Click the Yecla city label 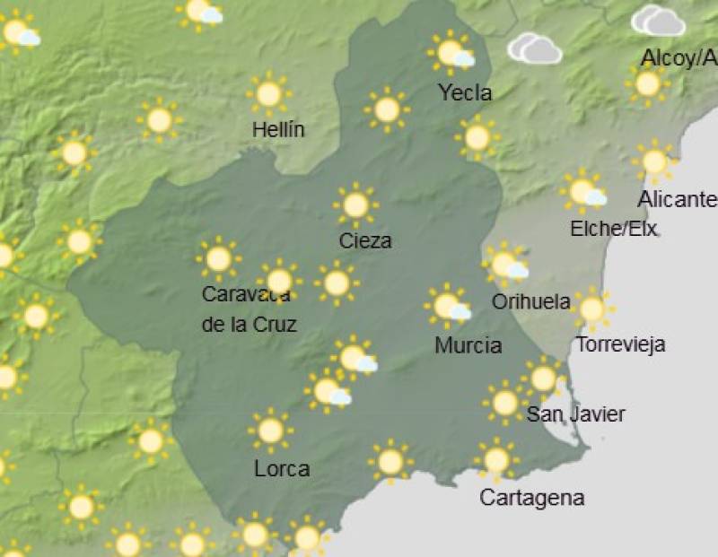pos(465,92)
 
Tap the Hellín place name pos(278,129)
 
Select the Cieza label pos(365,240)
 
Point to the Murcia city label pos(468,345)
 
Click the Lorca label pos(282,468)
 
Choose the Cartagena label pos(532,498)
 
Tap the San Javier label pos(575,414)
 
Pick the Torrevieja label pos(620,344)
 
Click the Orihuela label pos(530,301)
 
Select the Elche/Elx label pos(614,229)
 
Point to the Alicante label pos(678,199)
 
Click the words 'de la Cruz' pos(249,325)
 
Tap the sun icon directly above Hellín pos(268,93)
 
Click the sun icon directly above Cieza pos(355,205)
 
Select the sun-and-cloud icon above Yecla pos(451,53)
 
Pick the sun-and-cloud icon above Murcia pos(448,306)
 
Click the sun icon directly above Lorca pos(270,431)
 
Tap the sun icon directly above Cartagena pos(496,460)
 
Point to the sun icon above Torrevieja pos(591,309)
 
